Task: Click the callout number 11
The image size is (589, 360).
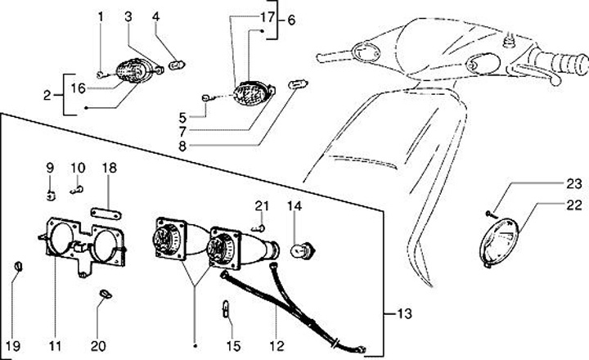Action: pos(55,345)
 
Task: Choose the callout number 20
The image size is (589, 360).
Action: pos(98,345)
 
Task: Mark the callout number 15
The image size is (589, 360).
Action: pos(233,345)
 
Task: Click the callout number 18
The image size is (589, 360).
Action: pos(110,169)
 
